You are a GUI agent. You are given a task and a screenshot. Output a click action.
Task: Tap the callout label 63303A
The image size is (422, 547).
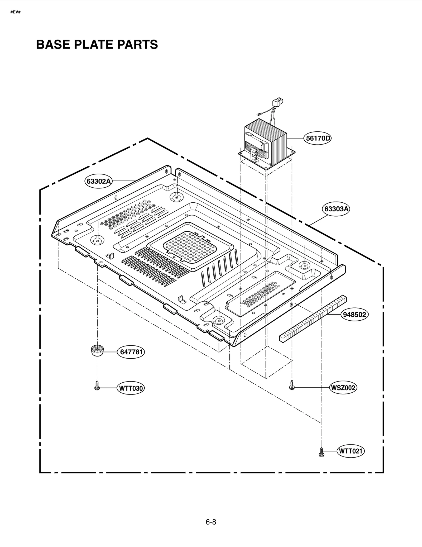pos(336,209)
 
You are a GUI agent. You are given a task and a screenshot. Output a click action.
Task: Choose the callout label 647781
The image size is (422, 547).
pos(131,352)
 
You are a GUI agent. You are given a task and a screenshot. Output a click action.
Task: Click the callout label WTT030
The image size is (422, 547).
pos(131,388)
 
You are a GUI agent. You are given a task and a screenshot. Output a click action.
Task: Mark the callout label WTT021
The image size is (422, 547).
pos(351,451)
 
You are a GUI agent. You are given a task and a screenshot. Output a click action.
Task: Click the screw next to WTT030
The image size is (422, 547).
pos(97,386)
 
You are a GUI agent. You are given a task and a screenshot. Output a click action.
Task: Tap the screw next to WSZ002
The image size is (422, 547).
pos(292,385)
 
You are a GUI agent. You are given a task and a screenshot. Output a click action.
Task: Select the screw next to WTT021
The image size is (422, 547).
pos(321,452)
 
